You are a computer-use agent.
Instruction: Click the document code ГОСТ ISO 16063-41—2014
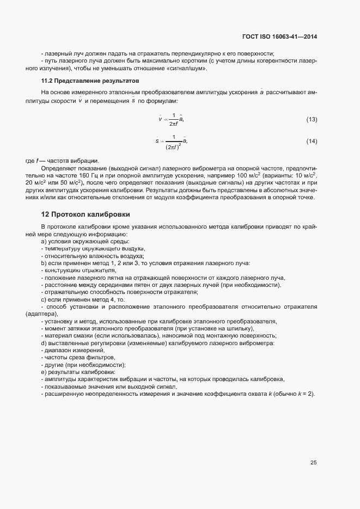click(x=279, y=36)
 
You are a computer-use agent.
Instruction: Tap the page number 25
click(x=313, y=463)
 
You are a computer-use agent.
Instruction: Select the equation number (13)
click(x=312, y=119)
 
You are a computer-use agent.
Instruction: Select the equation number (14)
click(x=312, y=142)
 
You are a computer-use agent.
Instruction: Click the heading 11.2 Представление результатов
click(x=90, y=81)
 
